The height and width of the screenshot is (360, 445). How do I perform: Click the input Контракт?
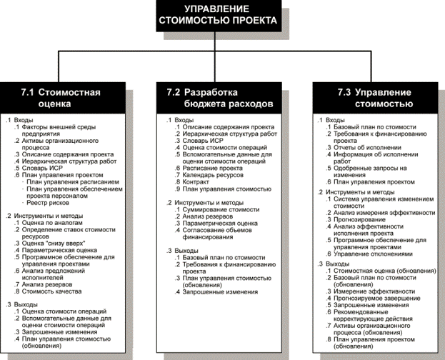[196, 182]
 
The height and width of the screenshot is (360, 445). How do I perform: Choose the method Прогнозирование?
[360, 221]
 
